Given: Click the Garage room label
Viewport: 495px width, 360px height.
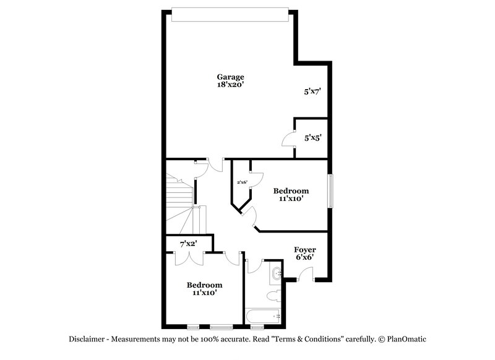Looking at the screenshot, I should (230, 77).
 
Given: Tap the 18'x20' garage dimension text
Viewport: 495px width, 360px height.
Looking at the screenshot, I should (230, 85).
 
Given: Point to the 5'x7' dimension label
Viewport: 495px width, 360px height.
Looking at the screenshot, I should (311, 92).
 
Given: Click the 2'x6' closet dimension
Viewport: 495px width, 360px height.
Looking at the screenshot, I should (242, 182).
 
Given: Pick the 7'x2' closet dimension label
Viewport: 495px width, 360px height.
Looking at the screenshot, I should (187, 244).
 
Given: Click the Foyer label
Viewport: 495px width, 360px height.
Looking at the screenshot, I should (304, 250).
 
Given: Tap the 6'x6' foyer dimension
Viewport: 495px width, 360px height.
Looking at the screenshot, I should (304, 258).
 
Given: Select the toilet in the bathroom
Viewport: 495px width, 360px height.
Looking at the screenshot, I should (272, 297).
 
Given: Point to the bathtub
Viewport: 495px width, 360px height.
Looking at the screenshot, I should (264, 317).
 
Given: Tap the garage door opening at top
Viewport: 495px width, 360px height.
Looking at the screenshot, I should (230, 14).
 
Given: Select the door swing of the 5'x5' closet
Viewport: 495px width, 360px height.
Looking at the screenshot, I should (288, 140).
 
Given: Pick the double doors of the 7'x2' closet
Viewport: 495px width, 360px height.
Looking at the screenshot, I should (187, 258).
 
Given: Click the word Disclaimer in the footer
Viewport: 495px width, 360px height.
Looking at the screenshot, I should (87, 339).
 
